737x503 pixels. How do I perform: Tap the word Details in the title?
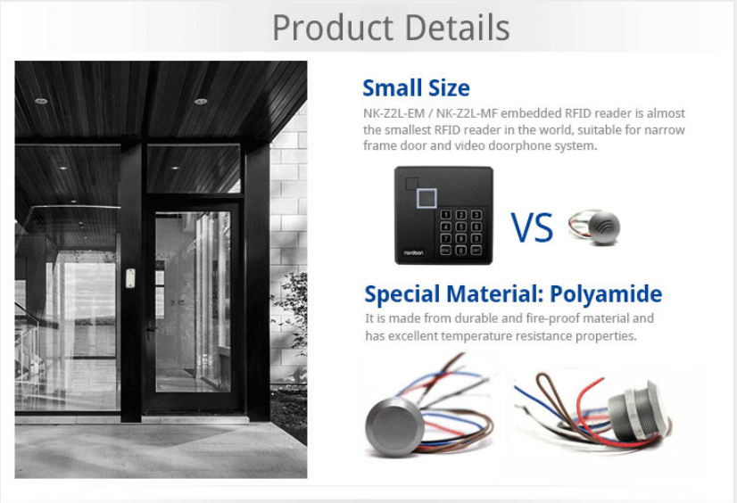coord(457,28)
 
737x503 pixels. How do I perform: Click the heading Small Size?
coord(416,87)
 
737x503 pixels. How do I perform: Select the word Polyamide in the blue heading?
coord(606,294)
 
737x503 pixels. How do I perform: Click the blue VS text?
coord(532,227)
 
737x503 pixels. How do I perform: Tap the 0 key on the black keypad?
coord(461,251)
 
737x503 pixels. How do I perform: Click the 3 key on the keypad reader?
coord(476,215)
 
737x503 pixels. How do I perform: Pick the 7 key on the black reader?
coord(445,239)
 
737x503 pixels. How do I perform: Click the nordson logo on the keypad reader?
coord(413,252)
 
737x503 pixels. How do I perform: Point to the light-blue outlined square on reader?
coord(426,198)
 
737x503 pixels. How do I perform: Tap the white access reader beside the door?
coord(130,278)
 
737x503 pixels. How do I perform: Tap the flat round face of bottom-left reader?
coord(394,427)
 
